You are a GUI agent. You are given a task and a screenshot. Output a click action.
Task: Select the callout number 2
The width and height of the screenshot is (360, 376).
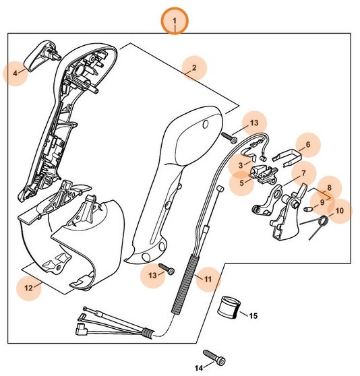pyautogui.click(x=194, y=67)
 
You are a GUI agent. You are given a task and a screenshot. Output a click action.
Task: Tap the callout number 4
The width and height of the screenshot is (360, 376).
pyautogui.click(x=16, y=72)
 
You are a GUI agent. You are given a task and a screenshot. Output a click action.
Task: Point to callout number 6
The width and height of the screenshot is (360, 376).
pyautogui.click(x=307, y=144)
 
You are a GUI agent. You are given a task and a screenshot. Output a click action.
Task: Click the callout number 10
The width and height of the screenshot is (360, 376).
pyautogui.click(x=338, y=211)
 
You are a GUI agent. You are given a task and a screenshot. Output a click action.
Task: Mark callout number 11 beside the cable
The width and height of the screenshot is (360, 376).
pyautogui.click(x=208, y=278)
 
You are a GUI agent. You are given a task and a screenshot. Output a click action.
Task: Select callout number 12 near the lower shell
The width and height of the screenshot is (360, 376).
pyautogui.click(x=28, y=288)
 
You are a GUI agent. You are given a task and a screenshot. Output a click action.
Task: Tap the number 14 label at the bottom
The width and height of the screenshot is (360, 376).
pyautogui.click(x=199, y=367)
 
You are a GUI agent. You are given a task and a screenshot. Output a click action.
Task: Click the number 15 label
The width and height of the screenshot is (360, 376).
pyautogui.click(x=253, y=315)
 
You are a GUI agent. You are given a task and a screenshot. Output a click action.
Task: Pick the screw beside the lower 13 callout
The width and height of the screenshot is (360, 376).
pyautogui.click(x=167, y=270)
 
